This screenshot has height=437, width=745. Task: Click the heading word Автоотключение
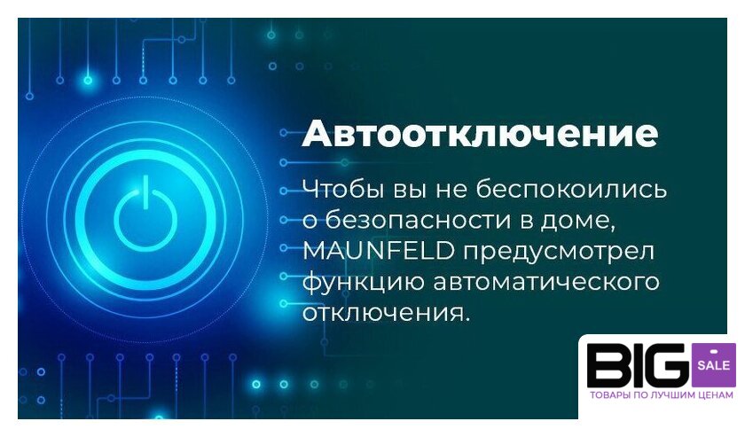click(x=480, y=134)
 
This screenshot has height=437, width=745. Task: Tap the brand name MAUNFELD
click(x=379, y=251)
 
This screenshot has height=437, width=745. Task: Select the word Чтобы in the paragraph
click(x=343, y=190)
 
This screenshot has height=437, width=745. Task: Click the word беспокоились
click(x=571, y=189)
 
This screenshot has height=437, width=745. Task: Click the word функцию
click(x=363, y=283)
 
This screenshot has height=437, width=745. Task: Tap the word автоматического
click(x=546, y=282)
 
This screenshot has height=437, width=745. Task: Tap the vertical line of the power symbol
click(x=145, y=191)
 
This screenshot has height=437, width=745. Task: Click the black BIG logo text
click(x=638, y=365)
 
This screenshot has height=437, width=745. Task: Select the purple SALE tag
click(x=714, y=365)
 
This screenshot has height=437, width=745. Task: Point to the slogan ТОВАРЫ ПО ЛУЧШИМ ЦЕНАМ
click(x=661, y=395)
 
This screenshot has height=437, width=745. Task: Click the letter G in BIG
click(x=667, y=365)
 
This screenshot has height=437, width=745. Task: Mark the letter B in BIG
click(x=608, y=365)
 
